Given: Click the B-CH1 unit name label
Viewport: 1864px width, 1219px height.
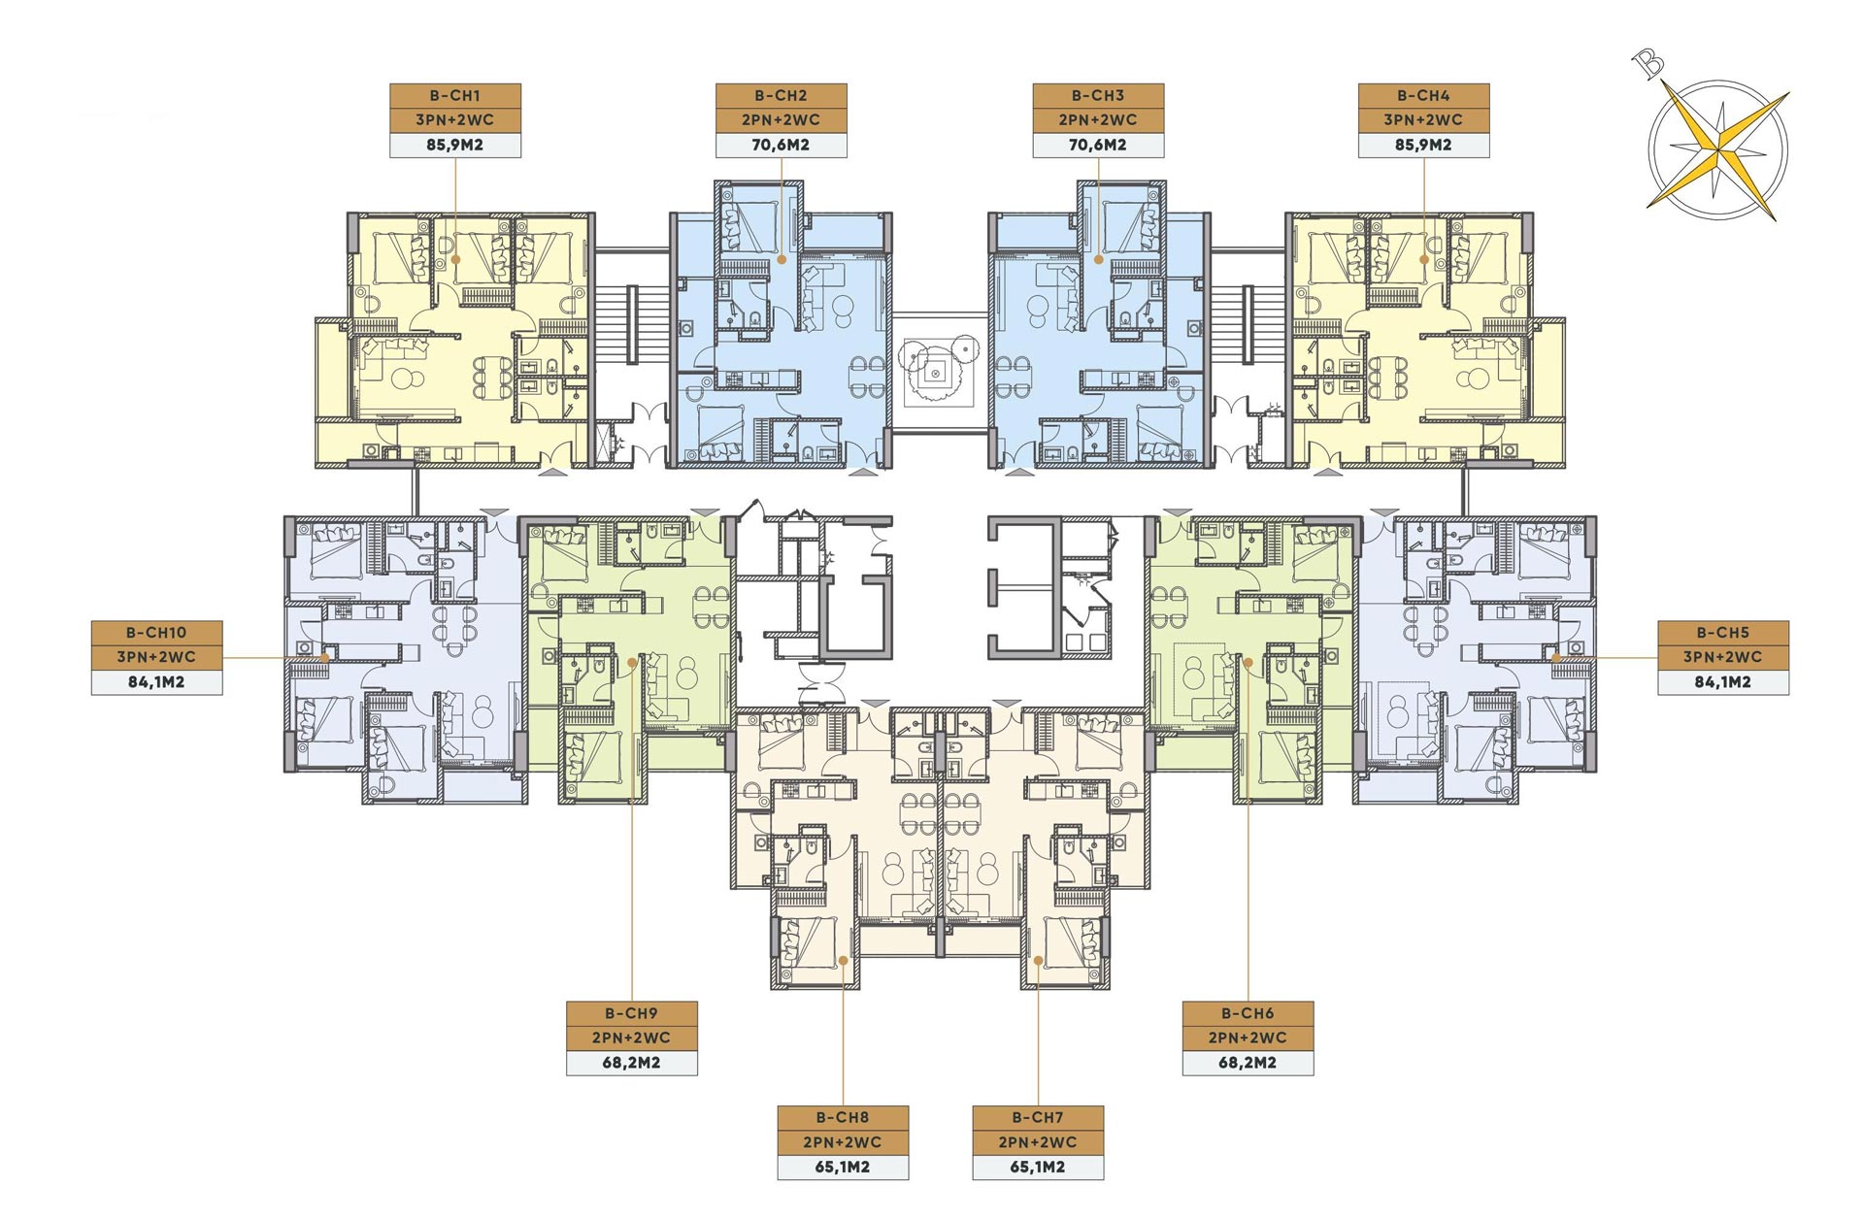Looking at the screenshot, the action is (x=455, y=95).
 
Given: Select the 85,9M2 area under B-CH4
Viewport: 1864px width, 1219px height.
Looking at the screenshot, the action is (x=1423, y=145).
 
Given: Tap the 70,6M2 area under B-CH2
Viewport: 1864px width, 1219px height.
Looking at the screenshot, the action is (x=781, y=145).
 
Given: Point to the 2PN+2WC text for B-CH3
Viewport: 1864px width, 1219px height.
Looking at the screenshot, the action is (x=1098, y=119).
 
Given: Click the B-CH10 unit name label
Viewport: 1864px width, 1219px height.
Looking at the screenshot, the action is (x=156, y=632).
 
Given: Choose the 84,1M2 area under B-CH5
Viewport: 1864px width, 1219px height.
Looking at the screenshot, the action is (x=1723, y=681).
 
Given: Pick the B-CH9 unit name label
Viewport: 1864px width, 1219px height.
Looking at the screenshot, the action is (x=631, y=1013).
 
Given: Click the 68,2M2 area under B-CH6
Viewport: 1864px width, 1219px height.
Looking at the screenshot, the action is (x=1248, y=1063).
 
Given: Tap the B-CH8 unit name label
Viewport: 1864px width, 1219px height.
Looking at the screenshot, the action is (x=843, y=1117).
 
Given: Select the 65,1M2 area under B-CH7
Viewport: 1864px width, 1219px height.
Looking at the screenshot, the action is (x=1038, y=1167).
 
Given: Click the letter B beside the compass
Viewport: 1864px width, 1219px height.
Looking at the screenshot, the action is (x=1648, y=64).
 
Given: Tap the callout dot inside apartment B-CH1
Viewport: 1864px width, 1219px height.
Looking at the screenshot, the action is (x=455, y=259).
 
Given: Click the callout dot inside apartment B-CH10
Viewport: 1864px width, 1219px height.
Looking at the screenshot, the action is (x=326, y=658).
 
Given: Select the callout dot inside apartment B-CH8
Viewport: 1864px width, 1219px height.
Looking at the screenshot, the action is (x=843, y=960).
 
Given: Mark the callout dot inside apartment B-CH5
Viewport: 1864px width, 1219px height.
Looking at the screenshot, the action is (x=1556, y=658).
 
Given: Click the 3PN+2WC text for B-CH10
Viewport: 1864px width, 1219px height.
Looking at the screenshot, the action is (x=156, y=657).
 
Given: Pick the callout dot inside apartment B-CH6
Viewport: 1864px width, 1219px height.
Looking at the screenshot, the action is (x=1248, y=662).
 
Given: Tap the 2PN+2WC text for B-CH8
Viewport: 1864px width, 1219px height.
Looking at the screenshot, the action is (x=843, y=1142).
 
